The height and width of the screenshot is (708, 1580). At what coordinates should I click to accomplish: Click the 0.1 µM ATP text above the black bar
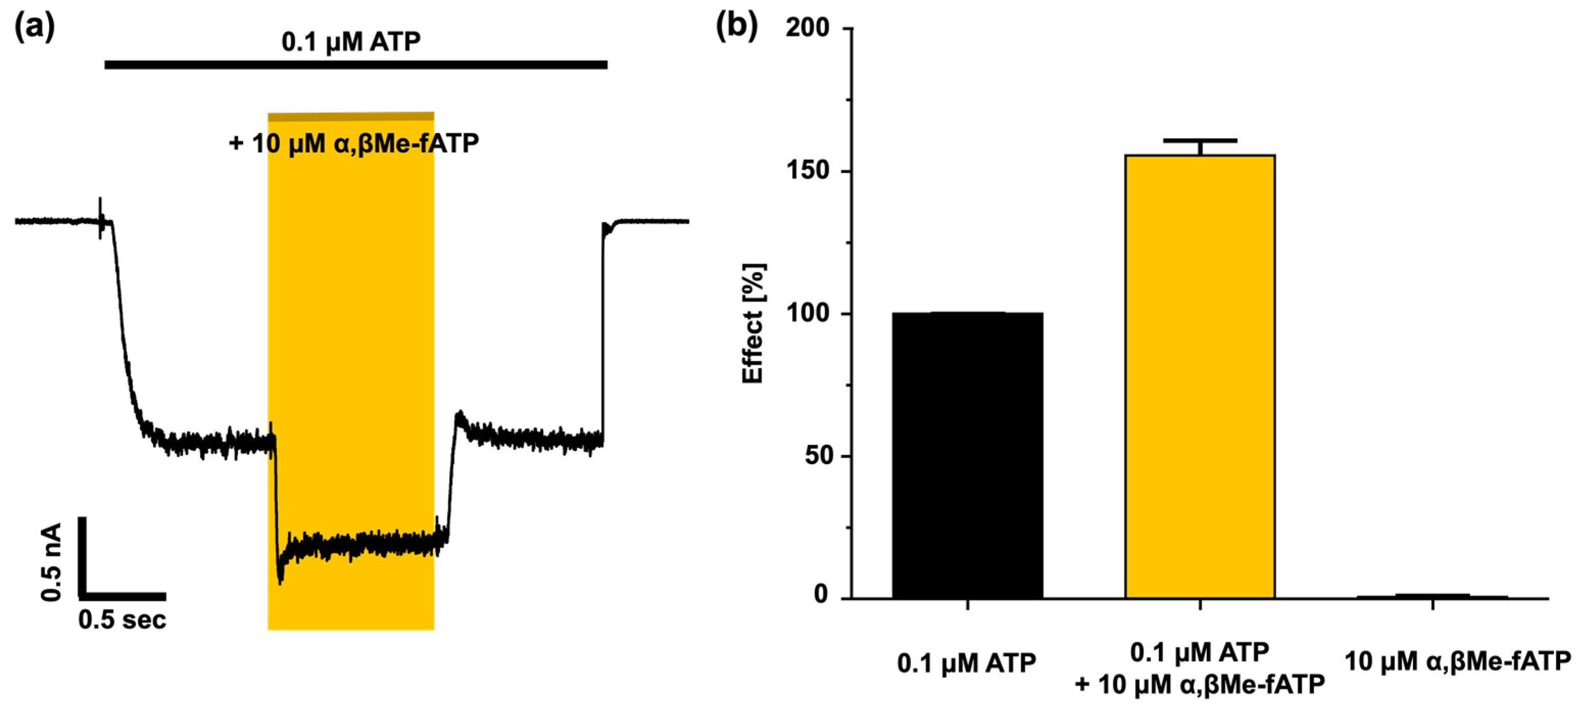tap(351, 42)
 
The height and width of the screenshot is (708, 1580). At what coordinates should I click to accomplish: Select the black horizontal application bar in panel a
tap(356, 64)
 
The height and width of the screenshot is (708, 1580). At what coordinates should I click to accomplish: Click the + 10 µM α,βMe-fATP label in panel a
tap(353, 143)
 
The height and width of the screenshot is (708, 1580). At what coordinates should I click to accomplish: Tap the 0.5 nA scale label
tap(52, 562)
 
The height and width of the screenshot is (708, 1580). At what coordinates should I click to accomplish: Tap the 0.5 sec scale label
tap(122, 620)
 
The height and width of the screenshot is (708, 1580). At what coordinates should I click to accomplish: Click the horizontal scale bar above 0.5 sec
tap(122, 596)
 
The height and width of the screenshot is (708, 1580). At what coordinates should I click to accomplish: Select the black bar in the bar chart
tap(967, 456)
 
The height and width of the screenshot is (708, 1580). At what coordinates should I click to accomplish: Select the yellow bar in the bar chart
tap(1200, 377)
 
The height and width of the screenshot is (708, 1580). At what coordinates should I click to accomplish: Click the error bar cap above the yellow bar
tap(1200, 141)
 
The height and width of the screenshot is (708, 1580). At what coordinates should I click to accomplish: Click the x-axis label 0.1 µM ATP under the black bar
tap(967, 663)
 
